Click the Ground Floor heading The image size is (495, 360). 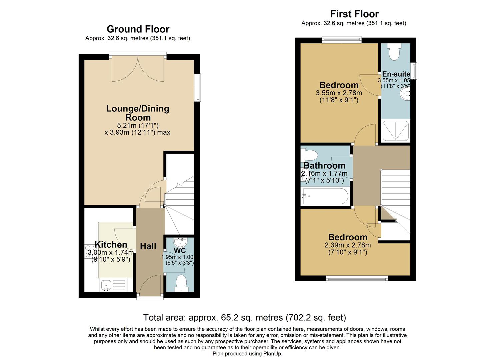coord(138,29)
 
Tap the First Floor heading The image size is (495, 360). coord(354,14)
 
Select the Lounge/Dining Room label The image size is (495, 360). coord(138,113)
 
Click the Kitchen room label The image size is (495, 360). coord(111,245)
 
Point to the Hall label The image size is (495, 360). coord(148,246)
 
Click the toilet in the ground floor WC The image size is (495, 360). coord(180,283)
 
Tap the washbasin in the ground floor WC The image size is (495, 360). coord(180,241)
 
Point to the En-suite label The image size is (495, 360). coord(396,74)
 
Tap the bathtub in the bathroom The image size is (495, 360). coord(325,197)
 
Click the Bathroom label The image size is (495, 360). coord(324,166)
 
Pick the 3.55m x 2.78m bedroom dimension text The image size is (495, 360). coord(339,93)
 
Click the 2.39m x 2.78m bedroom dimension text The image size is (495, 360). coord(348,245)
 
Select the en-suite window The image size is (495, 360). coord(414,71)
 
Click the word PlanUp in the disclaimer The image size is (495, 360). coord(273,354)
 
